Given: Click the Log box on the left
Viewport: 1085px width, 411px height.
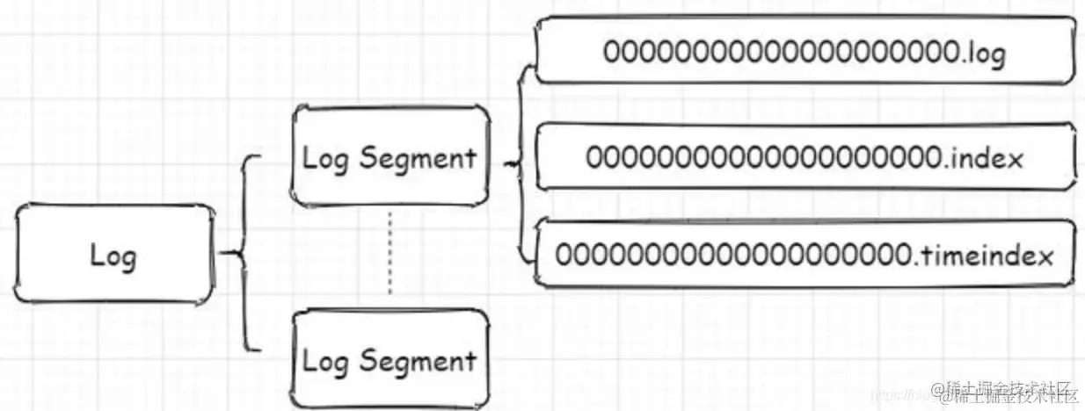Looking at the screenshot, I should pyautogui.click(x=115, y=256).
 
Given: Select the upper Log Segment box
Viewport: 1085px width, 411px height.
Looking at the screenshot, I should pyautogui.click(x=390, y=158).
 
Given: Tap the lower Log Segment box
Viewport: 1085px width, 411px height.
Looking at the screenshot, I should pyautogui.click(x=390, y=360).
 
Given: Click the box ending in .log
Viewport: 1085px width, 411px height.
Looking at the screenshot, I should pyautogui.click(x=805, y=52).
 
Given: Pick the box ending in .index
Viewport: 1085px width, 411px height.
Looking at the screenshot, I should pyautogui.click(x=805, y=158).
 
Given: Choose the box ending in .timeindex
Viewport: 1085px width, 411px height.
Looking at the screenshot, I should pyautogui.click(x=805, y=255).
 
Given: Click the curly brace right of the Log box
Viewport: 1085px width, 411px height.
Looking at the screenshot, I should pyautogui.click(x=242, y=255).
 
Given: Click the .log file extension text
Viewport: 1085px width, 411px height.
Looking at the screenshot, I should pyautogui.click(x=984, y=53).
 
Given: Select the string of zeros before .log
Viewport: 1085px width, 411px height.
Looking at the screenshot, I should pyautogui.click(x=782, y=52).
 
